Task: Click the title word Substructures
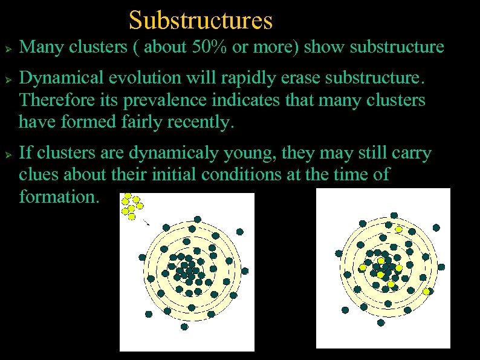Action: point(201,20)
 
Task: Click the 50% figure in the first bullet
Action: point(207,47)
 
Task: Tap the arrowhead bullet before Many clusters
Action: point(7,48)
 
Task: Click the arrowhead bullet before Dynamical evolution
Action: point(7,79)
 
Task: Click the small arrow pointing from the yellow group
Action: point(146,221)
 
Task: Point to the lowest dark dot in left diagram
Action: point(184,326)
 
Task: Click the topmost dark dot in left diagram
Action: point(197,219)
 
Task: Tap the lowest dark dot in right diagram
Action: point(380,322)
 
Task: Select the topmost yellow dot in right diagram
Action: point(398,229)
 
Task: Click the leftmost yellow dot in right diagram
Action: point(363,267)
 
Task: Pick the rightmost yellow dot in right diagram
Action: point(426,292)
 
